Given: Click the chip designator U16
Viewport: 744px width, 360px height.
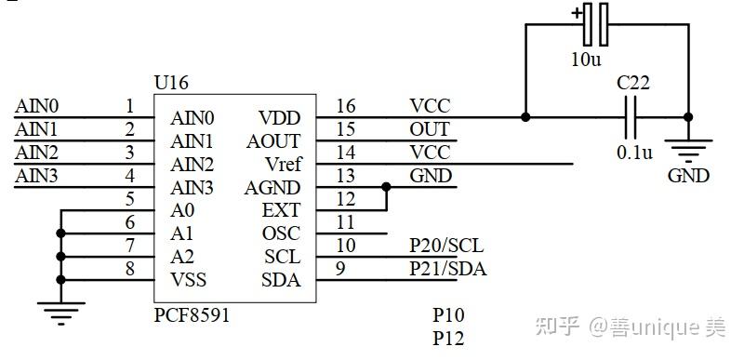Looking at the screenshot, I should coord(171,84).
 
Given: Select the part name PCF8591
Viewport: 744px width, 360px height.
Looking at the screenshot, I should coord(192,315).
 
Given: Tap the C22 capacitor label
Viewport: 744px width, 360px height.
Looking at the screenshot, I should coord(632,84).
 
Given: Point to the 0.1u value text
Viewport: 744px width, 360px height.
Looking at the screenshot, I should coord(633,152).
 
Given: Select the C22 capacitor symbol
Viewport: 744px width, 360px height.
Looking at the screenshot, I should coord(632,117).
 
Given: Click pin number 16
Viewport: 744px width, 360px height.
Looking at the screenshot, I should coord(346,106).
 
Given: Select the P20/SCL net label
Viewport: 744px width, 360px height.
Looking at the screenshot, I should coord(446,246).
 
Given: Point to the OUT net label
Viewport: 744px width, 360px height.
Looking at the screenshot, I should coord(429,129).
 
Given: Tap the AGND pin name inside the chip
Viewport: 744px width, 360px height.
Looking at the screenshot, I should coord(272,187).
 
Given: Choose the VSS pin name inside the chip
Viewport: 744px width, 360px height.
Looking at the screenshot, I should coord(188,280).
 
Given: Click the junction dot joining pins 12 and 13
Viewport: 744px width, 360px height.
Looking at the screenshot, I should coord(385,187).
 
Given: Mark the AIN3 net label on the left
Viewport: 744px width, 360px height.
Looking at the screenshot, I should coord(36,175).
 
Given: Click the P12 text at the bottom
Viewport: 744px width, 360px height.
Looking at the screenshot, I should coord(448,339).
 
